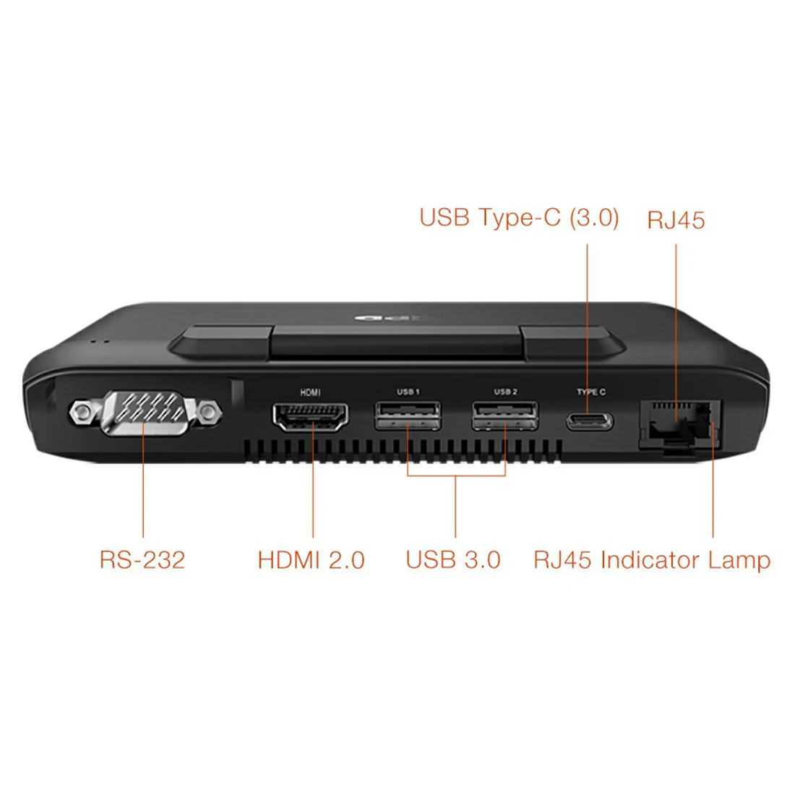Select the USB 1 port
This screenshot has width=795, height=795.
tap(408, 415)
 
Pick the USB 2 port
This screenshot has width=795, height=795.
tap(505, 415)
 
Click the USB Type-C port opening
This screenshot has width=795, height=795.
tap(590, 420)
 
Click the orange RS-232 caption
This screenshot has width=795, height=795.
tap(142, 559)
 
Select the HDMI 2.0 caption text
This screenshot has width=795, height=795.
tap(311, 559)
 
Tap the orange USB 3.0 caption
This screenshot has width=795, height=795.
tap(453, 559)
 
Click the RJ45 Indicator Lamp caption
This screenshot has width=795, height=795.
tap(652, 560)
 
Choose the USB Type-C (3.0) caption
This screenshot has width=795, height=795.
tap(519, 218)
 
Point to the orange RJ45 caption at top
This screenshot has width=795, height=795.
tap(676, 220)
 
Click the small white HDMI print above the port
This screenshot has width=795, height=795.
tap(310, 392)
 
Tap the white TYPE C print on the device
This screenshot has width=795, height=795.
tap(590, 392)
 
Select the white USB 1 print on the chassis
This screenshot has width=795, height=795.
tap(408, 392)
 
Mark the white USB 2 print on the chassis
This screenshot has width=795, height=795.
tap(505, 392)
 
